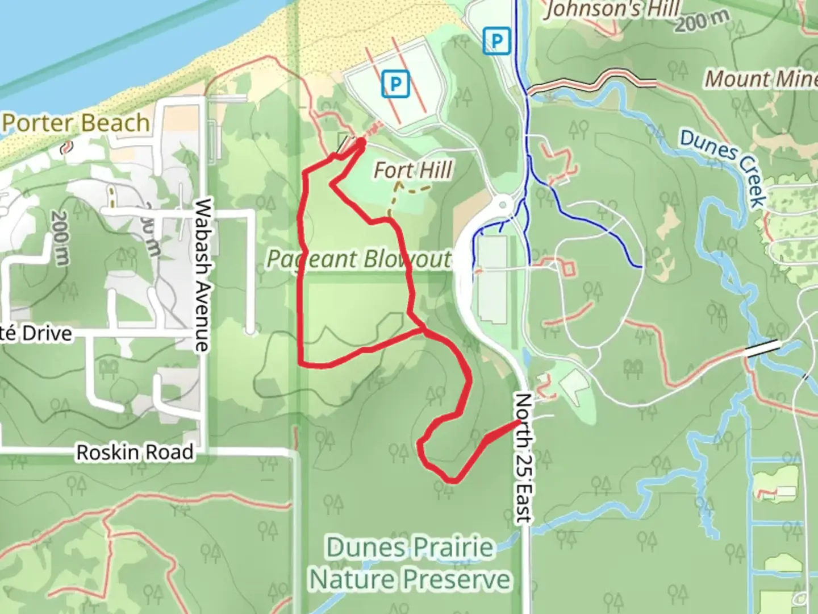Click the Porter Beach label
coord(76,123)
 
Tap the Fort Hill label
coord(414,170)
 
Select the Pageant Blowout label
coord(359,259)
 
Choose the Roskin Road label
coord(135,453)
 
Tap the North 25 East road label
coord(523,457)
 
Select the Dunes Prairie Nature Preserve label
coord(410,563)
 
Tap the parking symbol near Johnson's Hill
coord(497,42)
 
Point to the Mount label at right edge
coord(760,79)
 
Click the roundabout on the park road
coord(503,203)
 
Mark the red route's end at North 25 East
coord(518,422)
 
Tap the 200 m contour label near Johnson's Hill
coord(702,22)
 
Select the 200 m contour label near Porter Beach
coord(59,238)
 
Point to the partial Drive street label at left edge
coord(36,333)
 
